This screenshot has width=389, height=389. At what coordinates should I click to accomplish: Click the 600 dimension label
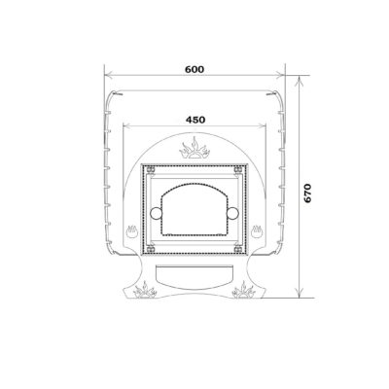(x=194, y=69)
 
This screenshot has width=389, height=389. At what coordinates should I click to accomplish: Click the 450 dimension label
(x=195, y=120)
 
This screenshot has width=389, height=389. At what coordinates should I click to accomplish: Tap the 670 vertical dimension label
(x=307, y=194)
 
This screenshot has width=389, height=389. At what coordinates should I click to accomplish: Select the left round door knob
(x=156, y=213)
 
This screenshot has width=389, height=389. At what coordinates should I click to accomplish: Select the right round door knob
(x=232, y=213)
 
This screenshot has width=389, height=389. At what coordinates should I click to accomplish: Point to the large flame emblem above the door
(x=194, y=149)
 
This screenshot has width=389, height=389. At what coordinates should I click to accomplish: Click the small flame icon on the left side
(x=132, y=231)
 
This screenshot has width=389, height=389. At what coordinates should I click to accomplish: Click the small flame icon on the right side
(x=257, y=231)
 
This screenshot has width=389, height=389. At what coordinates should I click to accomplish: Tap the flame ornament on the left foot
(x=145, y=291)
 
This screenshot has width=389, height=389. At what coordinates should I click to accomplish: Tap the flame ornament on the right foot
(x=244, y=291)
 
